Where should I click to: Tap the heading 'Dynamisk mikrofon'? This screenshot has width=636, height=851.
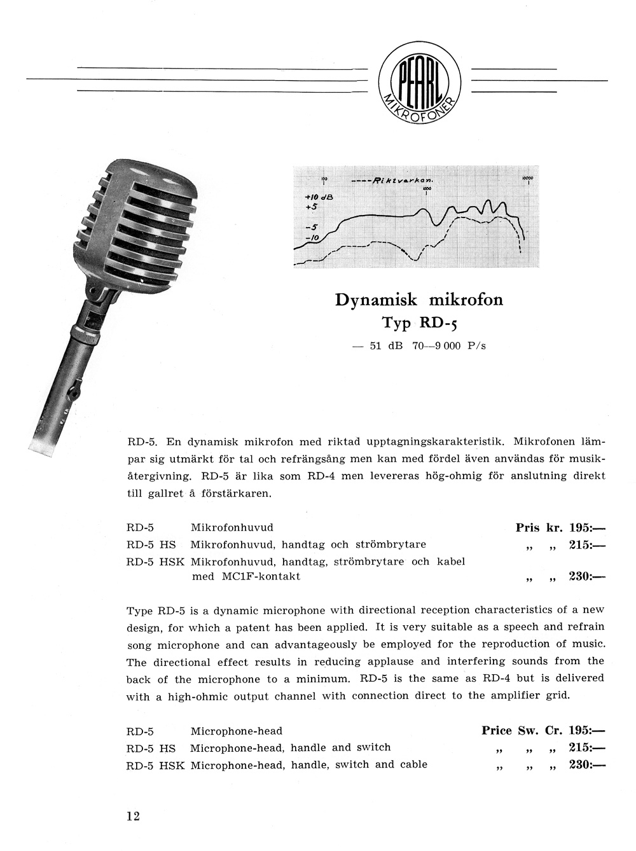(418, 299)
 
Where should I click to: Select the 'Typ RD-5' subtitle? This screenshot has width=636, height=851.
(419, 322)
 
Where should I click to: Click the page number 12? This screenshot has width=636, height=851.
(133, 816)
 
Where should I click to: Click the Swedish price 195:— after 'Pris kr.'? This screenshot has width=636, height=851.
(587, 527)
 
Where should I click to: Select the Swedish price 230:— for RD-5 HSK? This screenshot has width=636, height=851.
(587, 577)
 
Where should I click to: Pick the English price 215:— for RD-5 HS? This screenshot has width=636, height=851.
(587, 747)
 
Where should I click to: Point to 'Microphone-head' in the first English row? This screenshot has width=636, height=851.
(236, 731)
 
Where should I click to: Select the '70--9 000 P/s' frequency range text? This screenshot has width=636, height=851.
(449, 347)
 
